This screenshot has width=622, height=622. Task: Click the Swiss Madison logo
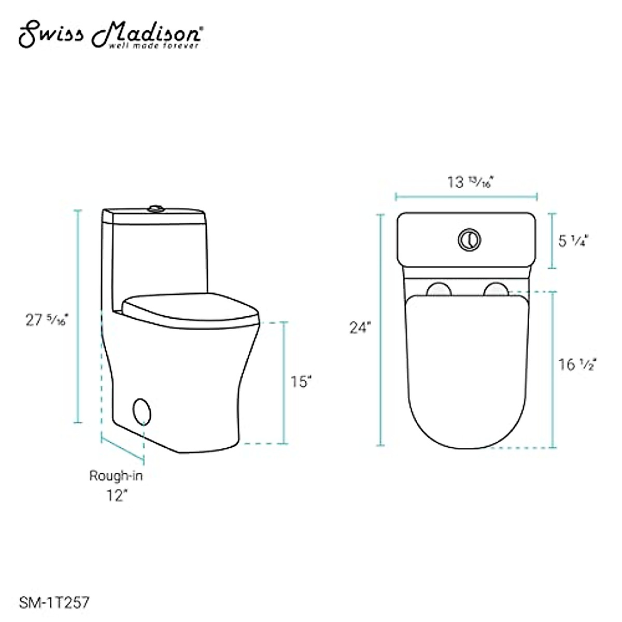point(111,35)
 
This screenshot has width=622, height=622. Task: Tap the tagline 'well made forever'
point(153,46)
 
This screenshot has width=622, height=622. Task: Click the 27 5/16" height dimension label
point(47,320)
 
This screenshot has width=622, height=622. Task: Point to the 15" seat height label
point(301,381)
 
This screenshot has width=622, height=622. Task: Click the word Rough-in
point(116,476)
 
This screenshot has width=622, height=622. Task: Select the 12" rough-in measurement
point(116,496)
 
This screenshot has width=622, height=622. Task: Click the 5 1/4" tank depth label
point(574,241)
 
